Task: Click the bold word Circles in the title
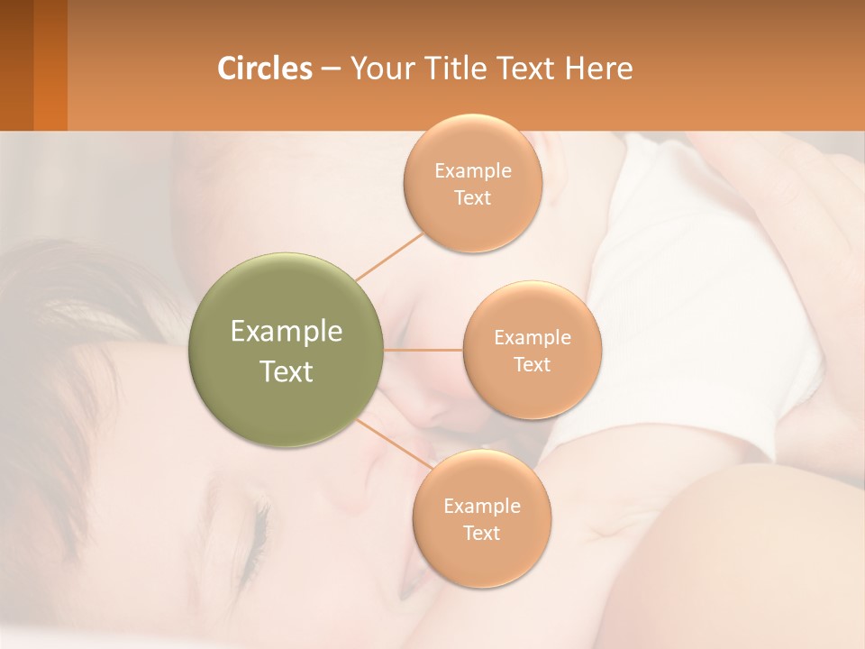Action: click(x=265, y=69)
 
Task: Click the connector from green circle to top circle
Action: click(x=390, y=256)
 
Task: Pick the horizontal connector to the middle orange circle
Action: click(x=423, y=350)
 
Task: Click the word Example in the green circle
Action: click(x=287, y=332)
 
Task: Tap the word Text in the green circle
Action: click(x=287, y=371)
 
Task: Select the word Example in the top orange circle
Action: click(x=472, y=171)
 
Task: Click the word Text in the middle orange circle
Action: click(x=533, y=365)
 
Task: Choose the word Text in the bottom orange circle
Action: click(x=482, y=533)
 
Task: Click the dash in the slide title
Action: click(x=331, y=69)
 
